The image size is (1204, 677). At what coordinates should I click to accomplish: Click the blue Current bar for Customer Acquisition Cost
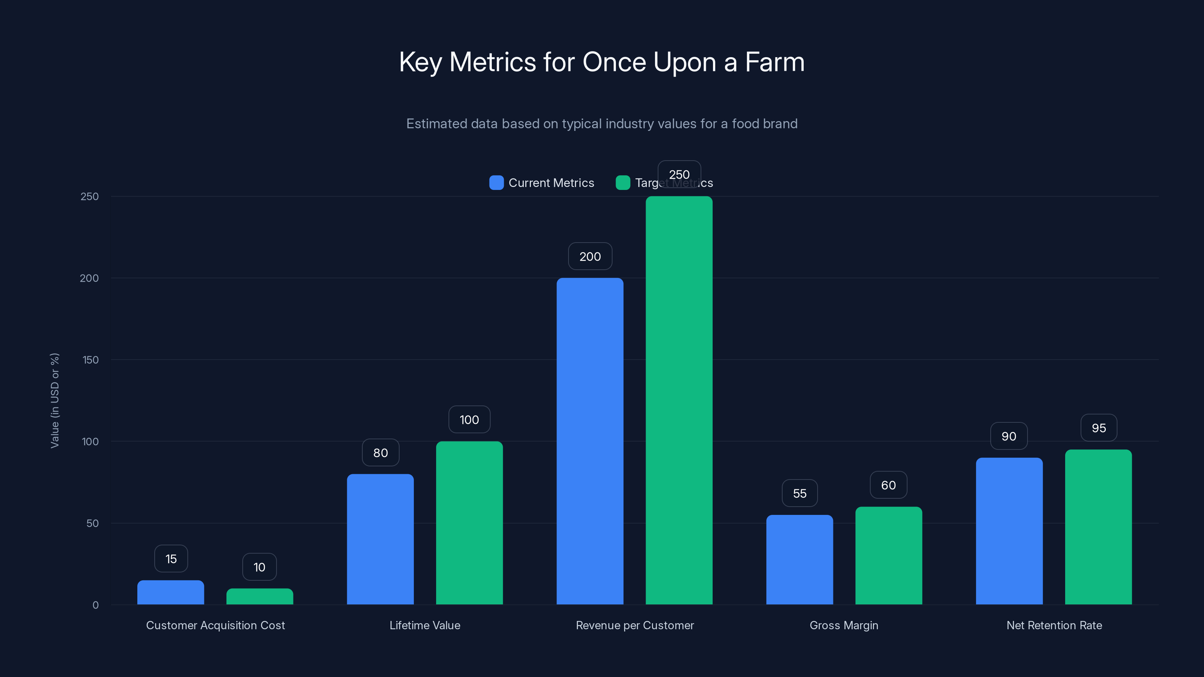[x=170, y=592]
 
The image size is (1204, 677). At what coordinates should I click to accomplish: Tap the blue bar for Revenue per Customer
[x=590, y=441]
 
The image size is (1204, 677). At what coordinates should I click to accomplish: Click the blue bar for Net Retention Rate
[x=1009, y=531]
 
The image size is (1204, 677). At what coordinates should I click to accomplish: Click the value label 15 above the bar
[x=171, y=559]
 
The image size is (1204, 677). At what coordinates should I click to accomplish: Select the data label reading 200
[x=590, y=257]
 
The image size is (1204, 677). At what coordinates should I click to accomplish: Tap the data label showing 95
[x=1099, y=428]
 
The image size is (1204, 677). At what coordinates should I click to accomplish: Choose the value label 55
[x=800, y=493]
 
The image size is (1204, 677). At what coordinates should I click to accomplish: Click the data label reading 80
[x=380, y=453]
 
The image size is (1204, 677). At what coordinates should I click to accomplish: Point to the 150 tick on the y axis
[x=91, y=360]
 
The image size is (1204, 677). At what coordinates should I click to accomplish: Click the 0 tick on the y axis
[x=96, y=605]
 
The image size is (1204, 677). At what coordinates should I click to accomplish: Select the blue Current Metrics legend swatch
[x=496, y=183]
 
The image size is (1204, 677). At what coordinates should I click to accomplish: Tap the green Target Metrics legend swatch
[x=623, y=183]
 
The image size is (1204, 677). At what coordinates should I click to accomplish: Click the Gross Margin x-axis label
[x=844, y=625]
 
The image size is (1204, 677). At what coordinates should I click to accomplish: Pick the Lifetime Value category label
[x=425, y=625]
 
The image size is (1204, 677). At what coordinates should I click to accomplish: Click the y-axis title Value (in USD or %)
[x=55, y=401]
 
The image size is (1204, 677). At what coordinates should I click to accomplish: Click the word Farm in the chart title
[x=774, y=62]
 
